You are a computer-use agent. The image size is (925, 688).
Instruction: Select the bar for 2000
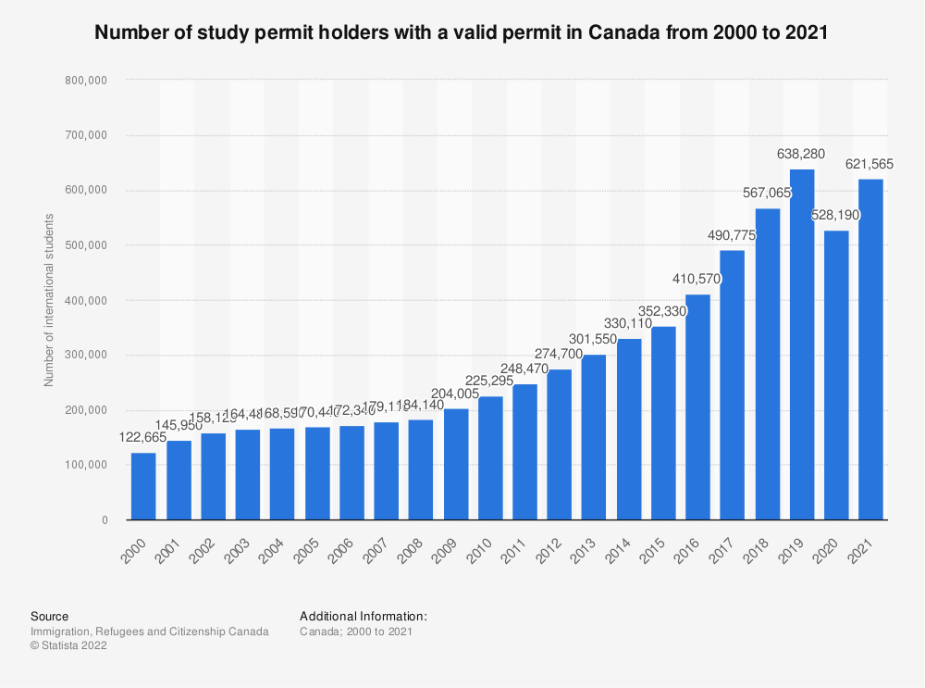click(143, 486)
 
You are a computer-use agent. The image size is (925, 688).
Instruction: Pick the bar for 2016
click(697, 407)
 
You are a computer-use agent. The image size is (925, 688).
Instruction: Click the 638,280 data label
click(802, 154)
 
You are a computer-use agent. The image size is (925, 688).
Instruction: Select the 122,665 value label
click(143, 437)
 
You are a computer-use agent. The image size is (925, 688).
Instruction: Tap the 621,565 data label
click(870, 164)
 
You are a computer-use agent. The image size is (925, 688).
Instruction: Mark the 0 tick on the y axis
click(105, 520)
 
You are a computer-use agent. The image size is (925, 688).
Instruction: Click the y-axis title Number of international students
click(49, 300)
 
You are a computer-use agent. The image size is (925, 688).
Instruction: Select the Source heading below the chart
click(49, 616)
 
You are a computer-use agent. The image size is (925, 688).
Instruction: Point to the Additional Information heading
click(364, 616)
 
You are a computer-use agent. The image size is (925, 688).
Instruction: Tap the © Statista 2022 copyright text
click(68, 646)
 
